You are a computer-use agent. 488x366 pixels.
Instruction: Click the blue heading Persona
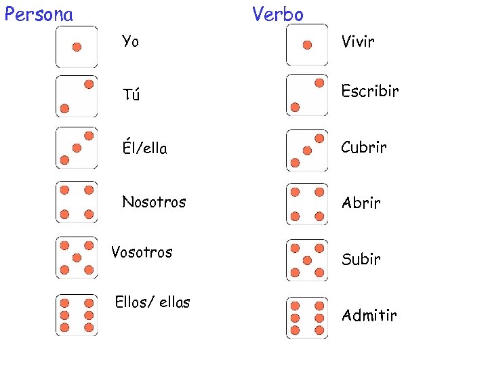pos(39,14)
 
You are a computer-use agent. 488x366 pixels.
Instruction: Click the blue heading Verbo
pos(278,14)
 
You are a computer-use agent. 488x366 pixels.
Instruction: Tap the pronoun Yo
pos(130,42)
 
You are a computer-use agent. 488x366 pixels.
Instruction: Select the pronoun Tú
pos(131,95)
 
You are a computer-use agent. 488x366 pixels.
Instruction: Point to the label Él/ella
pos(144,148)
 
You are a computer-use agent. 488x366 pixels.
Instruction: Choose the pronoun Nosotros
pos(153,201)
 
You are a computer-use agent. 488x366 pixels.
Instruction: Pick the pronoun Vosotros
pos(142,252)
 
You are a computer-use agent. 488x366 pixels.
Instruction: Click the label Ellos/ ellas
pos(152,302)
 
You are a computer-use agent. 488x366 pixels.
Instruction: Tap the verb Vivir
pos(358,42)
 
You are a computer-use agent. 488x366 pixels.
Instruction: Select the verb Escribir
pos(369,91)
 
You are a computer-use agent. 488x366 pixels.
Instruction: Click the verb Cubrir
pos(364,147)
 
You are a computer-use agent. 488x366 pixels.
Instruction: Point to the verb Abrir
pos(361,203)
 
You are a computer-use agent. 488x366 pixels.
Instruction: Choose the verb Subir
pos(361,259)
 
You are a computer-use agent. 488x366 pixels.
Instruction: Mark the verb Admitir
pos(369,315)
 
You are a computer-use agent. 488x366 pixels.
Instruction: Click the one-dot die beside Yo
pos(77,46)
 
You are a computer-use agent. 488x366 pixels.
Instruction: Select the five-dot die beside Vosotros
pos(77,258)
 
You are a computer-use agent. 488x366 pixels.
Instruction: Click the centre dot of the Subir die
pos(307,260)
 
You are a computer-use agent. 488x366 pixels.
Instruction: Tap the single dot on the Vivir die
pos(307,45)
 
